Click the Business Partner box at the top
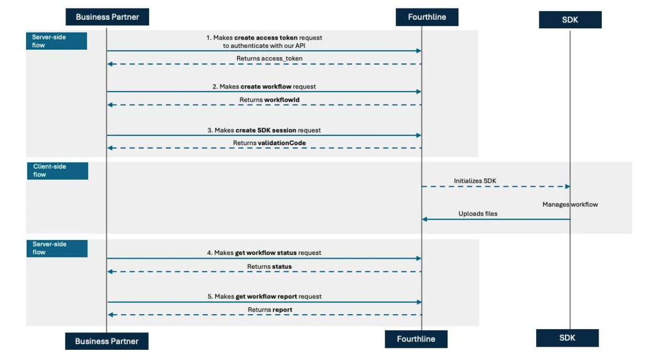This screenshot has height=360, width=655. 107,17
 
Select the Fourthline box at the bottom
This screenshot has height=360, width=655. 416,339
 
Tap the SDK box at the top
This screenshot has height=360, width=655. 570,20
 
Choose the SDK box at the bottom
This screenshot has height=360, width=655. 567,338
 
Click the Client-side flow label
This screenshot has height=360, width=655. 58,171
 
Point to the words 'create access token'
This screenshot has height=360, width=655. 266,38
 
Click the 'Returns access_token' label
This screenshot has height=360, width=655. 269,58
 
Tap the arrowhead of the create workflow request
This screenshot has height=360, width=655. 419,92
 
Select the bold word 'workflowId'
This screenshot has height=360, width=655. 282,100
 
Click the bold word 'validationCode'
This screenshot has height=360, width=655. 282,143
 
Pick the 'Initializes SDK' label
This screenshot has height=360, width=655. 475,181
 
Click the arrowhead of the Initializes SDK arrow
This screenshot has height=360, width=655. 568,187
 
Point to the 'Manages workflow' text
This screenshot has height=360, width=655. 570,204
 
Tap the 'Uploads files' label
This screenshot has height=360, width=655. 478,214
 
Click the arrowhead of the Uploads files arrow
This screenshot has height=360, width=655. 425,219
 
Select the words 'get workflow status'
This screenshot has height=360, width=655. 266,253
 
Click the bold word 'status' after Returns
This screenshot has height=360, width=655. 282,267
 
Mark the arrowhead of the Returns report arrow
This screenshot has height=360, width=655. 110,315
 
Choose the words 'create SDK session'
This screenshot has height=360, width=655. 266,130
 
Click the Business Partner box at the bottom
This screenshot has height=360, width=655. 107,341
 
